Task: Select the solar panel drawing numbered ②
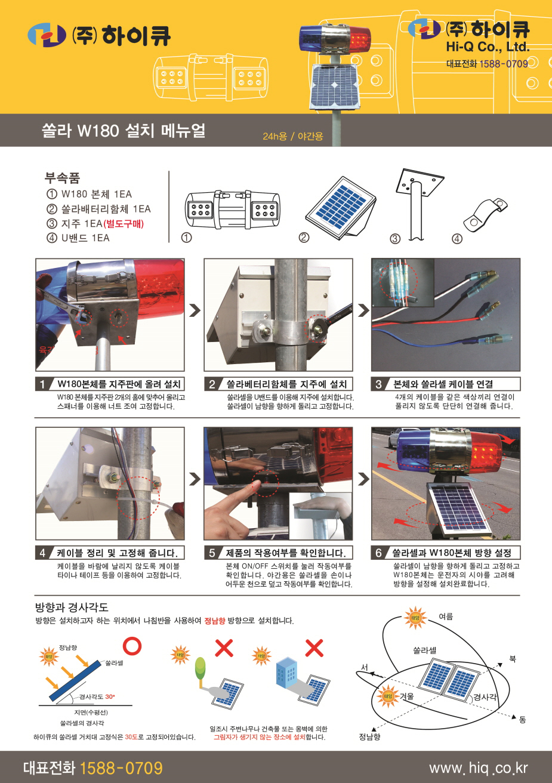[x=341, y=208]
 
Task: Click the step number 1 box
[x=42, y=384]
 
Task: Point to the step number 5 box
[x=212, y=553]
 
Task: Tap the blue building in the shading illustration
[x=287, y=671]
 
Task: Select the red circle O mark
[x=132, y=646]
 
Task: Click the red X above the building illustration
[x=314, y=648]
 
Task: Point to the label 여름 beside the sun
[x=446, y=616]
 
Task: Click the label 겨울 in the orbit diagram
[x=406, y=696]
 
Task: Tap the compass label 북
[x=513, y=659]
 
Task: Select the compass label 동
[x=523, y=719]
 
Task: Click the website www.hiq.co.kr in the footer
[x=478, y=768]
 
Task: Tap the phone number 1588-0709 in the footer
[x=121, y=768]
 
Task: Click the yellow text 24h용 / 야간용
[x=293, y=136]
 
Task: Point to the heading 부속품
[x=62, y=178]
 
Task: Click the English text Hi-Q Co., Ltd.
[x=488, y=47]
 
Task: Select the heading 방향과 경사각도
[x=72, y=607]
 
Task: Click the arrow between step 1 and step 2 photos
[x=195, y=310]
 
